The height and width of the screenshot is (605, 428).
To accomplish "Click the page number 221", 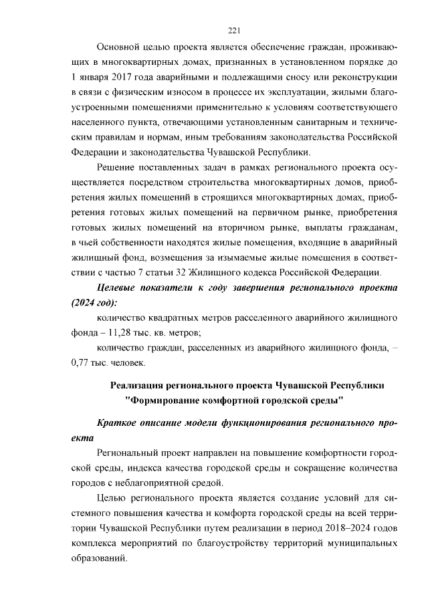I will (234, 30).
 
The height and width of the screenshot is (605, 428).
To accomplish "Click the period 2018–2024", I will (336, 528).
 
